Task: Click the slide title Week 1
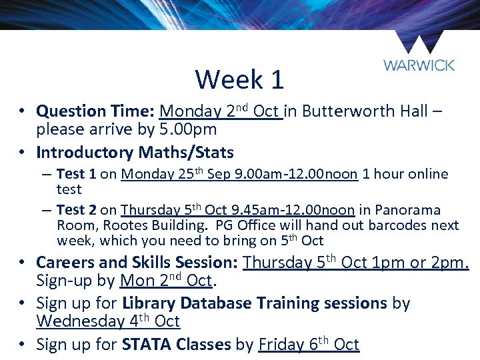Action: coord(239,80)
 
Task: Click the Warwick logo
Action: coord(419,53)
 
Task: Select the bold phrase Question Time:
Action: coord(96,111)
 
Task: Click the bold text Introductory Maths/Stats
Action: coord(135,153)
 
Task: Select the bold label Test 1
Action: coord(77,174)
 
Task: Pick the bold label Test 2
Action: coord(77,210)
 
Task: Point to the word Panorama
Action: coord(407,210)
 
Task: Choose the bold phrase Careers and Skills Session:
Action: coord(137,263)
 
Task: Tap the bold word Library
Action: coord(151,303)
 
